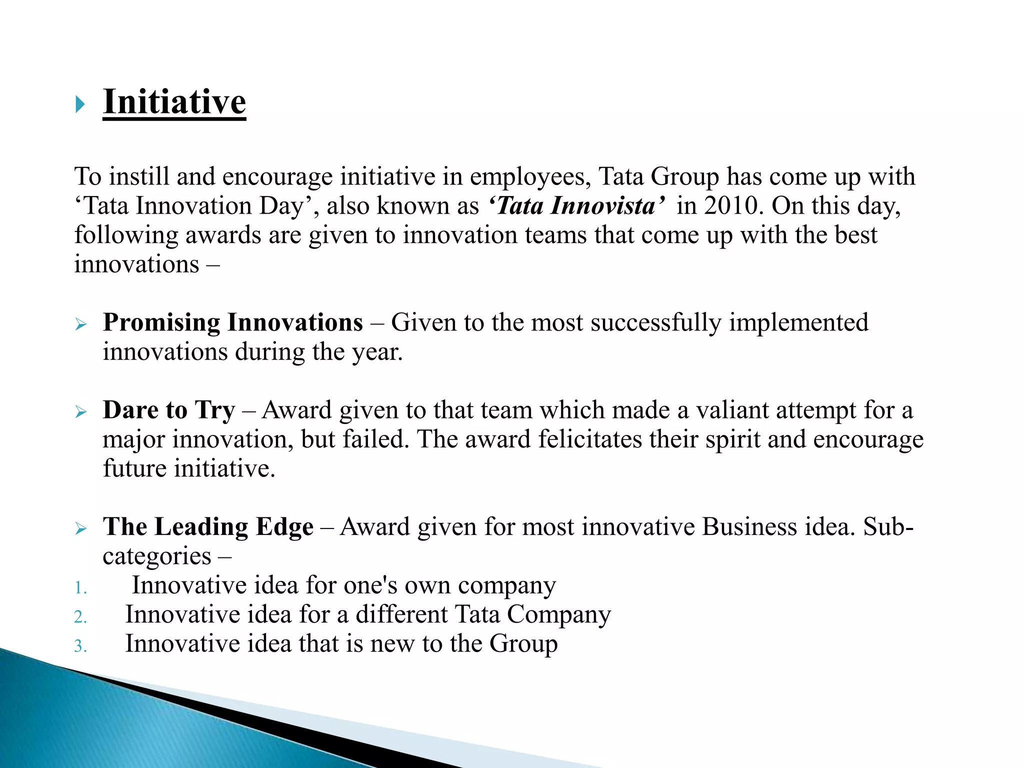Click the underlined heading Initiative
[174, 102]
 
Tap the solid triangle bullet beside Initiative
[80, 104]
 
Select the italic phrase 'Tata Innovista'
[576, 206]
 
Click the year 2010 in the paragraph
[733, 206]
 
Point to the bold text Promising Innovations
[232, 322]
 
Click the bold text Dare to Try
[168, 410]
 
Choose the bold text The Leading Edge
[208, 527]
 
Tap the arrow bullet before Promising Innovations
[80, 325]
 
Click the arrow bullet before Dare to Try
[80, 412]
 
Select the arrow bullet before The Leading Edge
[80, 529]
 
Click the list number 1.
[80, 588]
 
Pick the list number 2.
[80, 617]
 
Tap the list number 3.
[80, 646]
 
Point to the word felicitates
[589, 439]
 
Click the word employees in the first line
[530, 177]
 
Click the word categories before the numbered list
[156, 556]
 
